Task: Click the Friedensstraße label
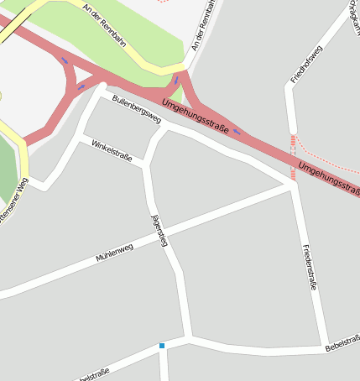[308, 267]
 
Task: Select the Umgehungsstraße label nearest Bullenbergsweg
[195, 115]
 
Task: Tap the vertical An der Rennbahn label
[203, 25]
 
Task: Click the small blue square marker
[162, 346]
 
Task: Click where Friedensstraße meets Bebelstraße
[325, 347]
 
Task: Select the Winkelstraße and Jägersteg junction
[145, 165]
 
